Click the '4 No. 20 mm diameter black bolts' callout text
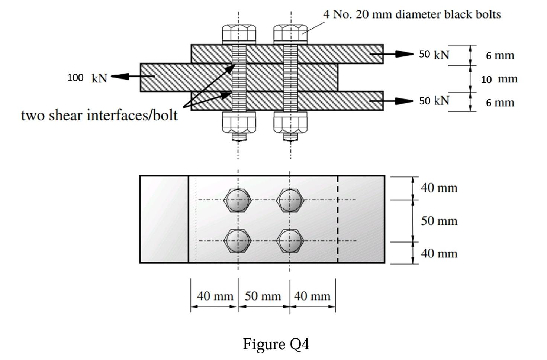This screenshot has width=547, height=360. tap(412, 14)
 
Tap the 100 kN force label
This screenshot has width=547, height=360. tap(87, 78)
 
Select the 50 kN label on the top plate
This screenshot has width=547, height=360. tap(434, 54)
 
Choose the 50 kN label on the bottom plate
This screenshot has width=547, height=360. tap(434, 101)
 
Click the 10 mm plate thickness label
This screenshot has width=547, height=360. tap(499, 79)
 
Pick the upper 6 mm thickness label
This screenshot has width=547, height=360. tap(500, 56)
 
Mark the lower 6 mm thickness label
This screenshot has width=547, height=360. tap(500, 103)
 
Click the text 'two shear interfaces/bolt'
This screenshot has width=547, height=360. tap(99, 115)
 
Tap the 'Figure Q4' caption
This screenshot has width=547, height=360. tap(276, 344)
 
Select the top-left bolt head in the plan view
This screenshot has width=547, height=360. tap(238, 200)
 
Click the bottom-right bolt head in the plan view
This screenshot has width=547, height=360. tap(290, 241)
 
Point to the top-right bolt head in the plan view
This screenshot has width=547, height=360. tap(290, 200)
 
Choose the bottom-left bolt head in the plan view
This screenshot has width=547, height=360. tap(238, 241)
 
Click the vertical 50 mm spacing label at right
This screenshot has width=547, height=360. tap(439, 221)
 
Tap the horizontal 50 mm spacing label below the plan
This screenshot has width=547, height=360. tap(263, 296)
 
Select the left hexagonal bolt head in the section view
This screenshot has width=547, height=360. tap(239, 34)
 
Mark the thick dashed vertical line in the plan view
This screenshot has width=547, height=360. tap(337, 219)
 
